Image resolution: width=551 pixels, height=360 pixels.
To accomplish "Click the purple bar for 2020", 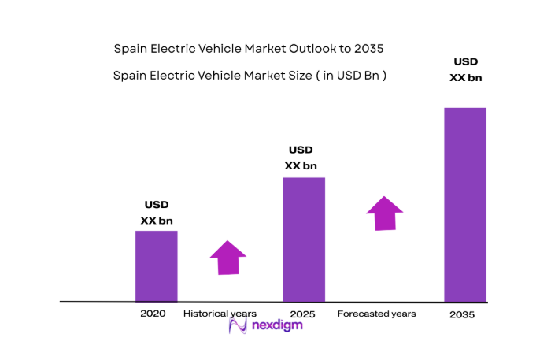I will (x=156, y=266).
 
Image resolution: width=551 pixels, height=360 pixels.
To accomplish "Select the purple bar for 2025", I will (x=303, y=239).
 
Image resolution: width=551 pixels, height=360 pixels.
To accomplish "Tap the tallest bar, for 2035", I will (x=464, y=205).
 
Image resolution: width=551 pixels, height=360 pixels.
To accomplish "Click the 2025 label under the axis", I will (x=302, y=314).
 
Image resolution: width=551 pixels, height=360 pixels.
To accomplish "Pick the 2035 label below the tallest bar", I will (x=462, y=314).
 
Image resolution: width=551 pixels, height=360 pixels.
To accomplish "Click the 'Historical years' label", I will (x=220, y=314).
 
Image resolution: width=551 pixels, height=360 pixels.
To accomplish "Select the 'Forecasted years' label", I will (x=376, y=314).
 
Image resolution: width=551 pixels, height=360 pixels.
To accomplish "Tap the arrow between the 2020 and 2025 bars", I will (x=227, y=258).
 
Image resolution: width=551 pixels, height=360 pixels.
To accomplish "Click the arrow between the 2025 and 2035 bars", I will (x=384, y=213).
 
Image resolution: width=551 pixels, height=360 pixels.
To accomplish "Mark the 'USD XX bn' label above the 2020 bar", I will (x=156, y=213).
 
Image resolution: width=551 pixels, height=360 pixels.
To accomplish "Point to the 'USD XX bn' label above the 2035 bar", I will (x=464, y=69).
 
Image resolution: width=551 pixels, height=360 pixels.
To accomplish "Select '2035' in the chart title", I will (x=369, y=49).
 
